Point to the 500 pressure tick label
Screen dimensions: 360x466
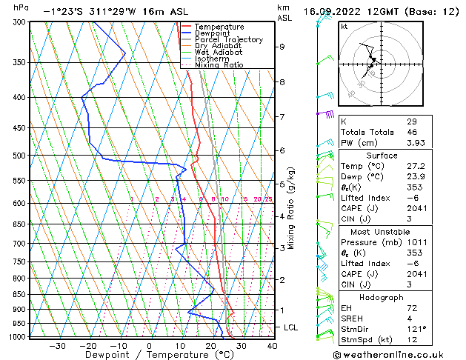point(20,156)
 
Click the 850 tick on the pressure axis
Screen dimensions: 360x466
point(20,294)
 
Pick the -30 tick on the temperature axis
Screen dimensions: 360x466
point(57,345)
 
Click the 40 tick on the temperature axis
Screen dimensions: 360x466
point(272,345)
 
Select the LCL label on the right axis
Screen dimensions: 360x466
point(292,327)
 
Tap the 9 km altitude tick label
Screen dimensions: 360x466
point(282,47)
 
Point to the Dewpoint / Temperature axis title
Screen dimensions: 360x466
point(149,355)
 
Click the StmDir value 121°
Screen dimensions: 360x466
point(416,329)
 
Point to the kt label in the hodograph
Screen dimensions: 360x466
point(344,26)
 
